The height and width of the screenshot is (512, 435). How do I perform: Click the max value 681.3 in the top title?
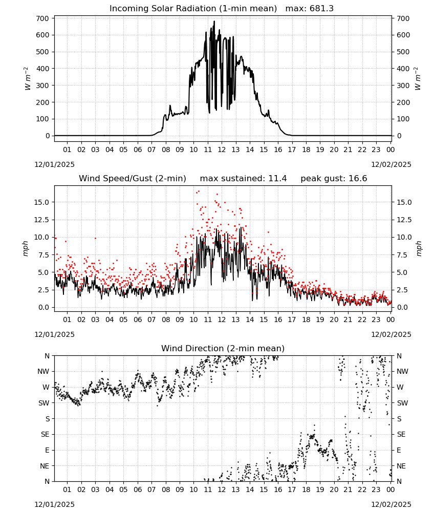click(322, 9)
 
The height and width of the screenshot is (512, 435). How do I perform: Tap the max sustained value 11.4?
click(277, 179)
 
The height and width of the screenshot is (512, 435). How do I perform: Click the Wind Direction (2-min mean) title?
click(223, 348)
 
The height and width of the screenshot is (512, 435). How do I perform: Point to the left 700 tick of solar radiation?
click(42, 18)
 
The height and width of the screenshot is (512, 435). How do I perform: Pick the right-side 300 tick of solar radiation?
click(403, 86)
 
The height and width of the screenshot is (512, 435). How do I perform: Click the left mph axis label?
click(26, 249)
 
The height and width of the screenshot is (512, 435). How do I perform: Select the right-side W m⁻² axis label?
click(418, 78)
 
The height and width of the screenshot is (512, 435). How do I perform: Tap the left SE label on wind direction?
click(45, 434)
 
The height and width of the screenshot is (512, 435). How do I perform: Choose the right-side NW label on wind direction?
click(402, 371)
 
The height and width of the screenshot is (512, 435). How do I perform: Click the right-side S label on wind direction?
click(399, 419)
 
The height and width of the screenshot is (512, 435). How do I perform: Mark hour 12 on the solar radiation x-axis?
click(222, 150)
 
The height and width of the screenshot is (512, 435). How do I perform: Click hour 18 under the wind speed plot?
click(306, 319)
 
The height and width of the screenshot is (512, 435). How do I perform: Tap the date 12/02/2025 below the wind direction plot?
click(391, 504)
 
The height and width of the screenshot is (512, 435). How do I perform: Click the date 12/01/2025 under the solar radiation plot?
click(54, 164)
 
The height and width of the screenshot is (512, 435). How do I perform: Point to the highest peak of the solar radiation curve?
click(214, 21)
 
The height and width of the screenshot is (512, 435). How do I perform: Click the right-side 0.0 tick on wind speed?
click(402, 307)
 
